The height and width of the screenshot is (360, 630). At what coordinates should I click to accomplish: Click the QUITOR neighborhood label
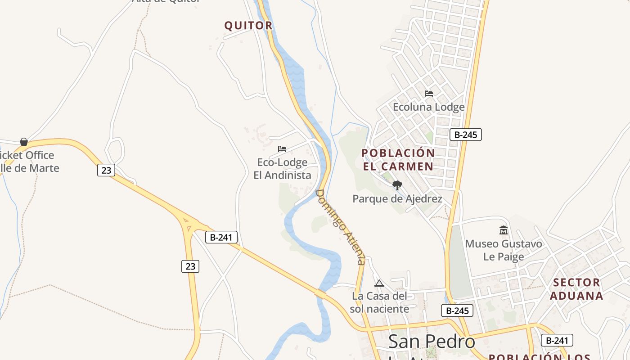click(x=248, y=26)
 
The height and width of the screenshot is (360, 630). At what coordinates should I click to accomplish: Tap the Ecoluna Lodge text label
click(x=428, y=107)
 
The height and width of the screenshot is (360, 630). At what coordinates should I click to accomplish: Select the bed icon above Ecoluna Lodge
click(x=429, y=94)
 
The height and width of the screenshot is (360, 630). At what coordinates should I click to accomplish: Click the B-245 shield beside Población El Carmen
click(x=465, y=135)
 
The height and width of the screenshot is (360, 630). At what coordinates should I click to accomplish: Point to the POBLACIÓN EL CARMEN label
click(x=398, y=160)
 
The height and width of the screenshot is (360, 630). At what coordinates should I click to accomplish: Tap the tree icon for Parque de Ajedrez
click(x=397, y=185)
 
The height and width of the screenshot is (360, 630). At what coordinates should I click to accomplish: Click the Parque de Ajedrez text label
click(x=397, y=198)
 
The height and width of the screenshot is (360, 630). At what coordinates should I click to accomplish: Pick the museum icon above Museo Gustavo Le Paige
click(x=504, y=230)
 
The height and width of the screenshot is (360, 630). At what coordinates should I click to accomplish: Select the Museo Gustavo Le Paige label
click(x=504, y=250)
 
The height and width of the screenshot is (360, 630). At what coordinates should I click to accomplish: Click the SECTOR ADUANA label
click(x=576, y=289)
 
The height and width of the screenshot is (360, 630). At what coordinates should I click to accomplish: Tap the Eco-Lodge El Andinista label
click(x=282, y=169)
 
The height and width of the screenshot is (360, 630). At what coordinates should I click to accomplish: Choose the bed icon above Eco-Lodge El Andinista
click(x=282, y=149)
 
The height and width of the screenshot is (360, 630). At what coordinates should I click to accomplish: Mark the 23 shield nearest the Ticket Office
click(x=106, y=170)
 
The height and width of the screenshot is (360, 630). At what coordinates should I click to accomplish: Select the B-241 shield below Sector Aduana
click(x=557, y=341)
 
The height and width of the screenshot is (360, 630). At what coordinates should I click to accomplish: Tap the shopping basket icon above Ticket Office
click(x=24, y=142)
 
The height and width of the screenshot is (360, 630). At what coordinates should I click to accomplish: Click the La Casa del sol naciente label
click(x=379, y=302)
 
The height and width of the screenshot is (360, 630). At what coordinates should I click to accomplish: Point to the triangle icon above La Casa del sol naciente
click(x=379, y=283)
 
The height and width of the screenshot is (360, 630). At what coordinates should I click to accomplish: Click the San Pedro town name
click(x=432, y=342)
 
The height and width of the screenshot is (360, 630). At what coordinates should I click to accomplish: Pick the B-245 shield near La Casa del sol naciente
click(x=457, y=310)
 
